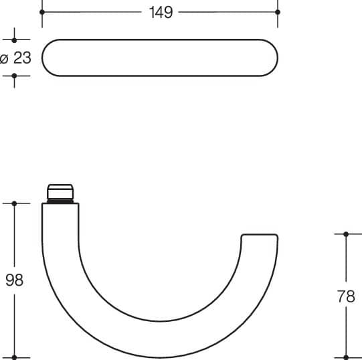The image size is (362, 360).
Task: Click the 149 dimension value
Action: [161, 12]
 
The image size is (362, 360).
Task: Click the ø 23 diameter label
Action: [15, 58]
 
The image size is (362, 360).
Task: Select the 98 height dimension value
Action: [14, 280]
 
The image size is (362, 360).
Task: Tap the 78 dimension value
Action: [346, 296]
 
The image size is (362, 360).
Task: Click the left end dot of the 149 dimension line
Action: [42, 12]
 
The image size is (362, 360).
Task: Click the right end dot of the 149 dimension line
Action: [278, 12]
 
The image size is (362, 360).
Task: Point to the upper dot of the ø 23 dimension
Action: [14, 40]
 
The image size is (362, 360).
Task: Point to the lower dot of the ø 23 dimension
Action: [14, 76]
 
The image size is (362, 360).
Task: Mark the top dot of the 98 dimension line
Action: [14, 203]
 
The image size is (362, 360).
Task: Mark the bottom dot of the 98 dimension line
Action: [14, 358]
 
